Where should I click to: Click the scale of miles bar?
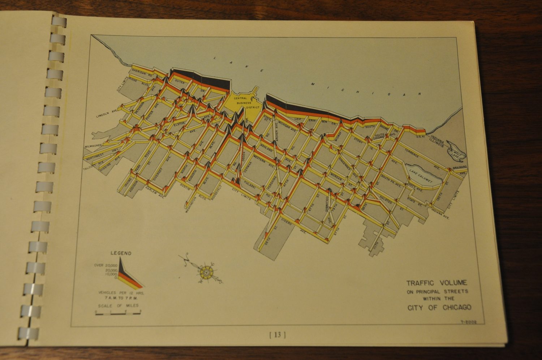point(118,313)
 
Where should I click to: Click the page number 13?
point(278,335)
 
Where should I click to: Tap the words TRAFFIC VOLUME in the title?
point(436,283)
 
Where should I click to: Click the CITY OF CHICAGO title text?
point(439,308)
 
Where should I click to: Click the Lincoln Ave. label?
point(107,115)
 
